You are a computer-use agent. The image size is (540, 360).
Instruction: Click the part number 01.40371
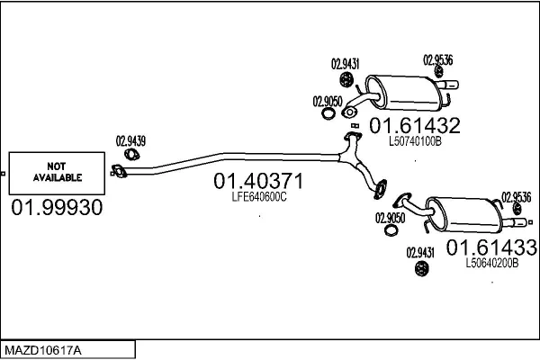(x=257, y=182)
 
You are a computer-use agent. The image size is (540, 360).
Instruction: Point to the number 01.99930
(x=56, y=209)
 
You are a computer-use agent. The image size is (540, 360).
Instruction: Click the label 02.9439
(x=130, y=140)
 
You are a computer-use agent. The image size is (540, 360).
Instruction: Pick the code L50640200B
(x=492, y=264)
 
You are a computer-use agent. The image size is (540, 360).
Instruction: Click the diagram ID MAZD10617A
(x=42, y=348)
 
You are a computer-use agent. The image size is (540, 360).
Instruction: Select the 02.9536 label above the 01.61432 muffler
(x=437, y=60)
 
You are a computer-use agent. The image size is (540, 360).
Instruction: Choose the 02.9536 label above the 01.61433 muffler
(x=516, y=197)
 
